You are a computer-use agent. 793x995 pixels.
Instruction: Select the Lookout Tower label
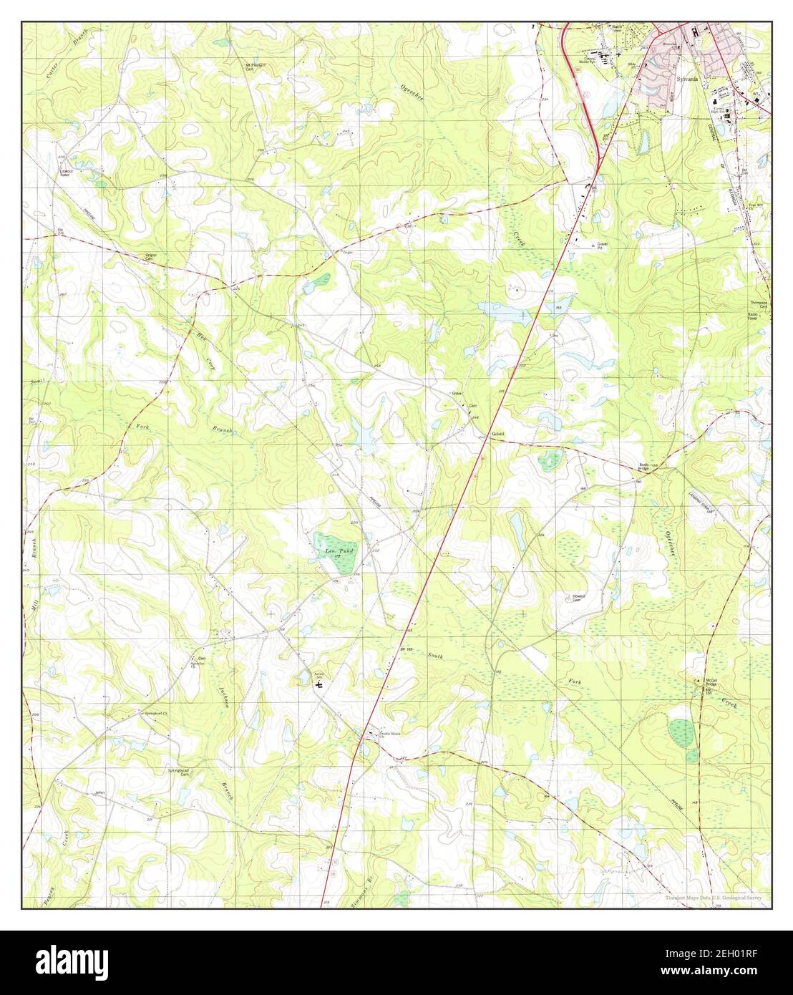click(x=65, y=172)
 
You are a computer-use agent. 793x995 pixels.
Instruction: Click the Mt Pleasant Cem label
click(x=256, y=67)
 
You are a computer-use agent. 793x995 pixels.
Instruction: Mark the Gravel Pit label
click(x=606, y=246)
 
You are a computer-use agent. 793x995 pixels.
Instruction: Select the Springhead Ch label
click(x=155, y=714)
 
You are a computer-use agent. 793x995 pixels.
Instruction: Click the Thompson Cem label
click(x=758, y=304)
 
